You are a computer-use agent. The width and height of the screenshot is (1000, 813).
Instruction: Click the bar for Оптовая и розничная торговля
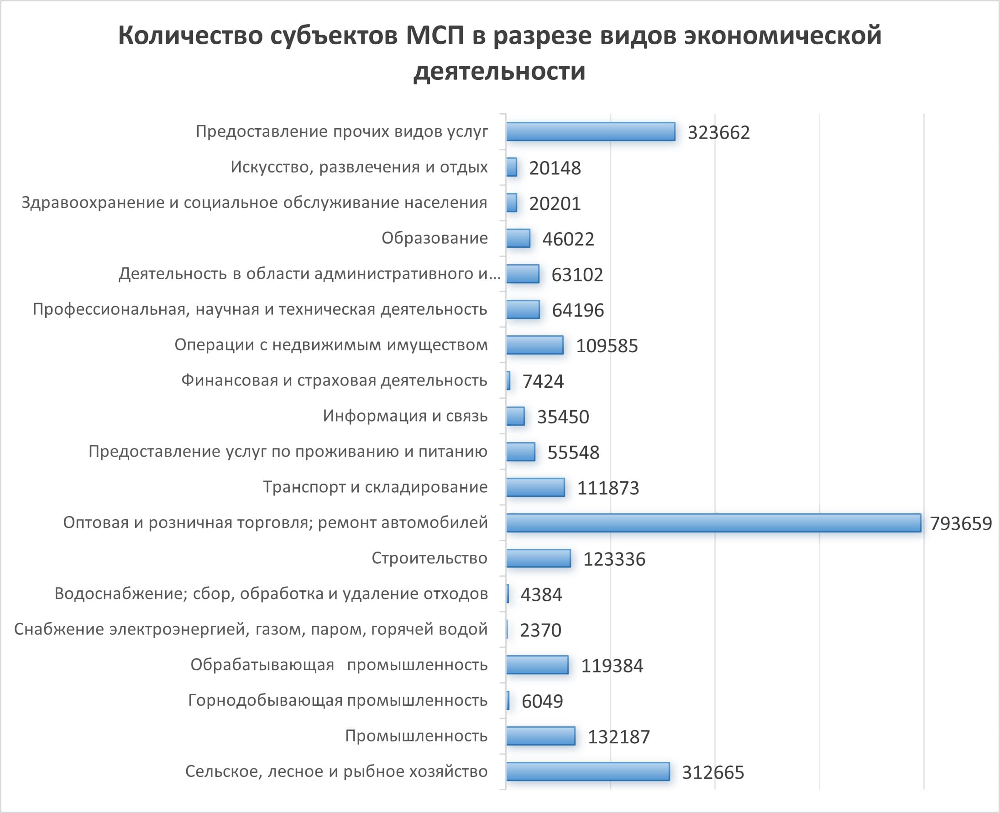point(713,523)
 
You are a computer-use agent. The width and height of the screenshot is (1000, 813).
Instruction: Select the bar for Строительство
point(538,558)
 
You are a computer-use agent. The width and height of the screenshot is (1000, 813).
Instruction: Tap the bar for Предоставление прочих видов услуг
point(590,131)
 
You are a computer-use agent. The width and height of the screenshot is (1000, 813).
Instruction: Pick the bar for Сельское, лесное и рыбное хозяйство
point(587,771)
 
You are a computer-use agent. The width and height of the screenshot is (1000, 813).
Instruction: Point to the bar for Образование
point(518,238)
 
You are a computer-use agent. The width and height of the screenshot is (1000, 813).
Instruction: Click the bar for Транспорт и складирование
point(535,487)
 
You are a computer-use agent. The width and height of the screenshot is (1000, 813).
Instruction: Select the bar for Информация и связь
point(515,416)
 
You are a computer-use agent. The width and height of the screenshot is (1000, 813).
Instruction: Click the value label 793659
point(961,524)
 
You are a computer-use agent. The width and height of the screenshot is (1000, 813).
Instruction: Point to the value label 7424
point(543,382)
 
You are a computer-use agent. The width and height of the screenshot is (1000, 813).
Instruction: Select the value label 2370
point(540,631)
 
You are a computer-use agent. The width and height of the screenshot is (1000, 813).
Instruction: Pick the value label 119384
point(612,666)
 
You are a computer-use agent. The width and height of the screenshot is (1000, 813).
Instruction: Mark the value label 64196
point(577,311)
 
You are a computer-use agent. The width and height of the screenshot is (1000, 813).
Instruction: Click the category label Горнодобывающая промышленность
point(338,700)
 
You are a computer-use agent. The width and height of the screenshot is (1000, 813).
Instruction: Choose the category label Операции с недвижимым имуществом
point(331,345)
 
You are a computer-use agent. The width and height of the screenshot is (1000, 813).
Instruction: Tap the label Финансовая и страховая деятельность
point(335,380)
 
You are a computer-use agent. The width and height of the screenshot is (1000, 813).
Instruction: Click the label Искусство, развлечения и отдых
point(359,167)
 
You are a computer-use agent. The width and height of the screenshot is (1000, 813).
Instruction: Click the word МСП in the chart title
point(435,36)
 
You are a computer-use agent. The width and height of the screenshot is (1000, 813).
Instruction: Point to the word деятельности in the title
point(499,71)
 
